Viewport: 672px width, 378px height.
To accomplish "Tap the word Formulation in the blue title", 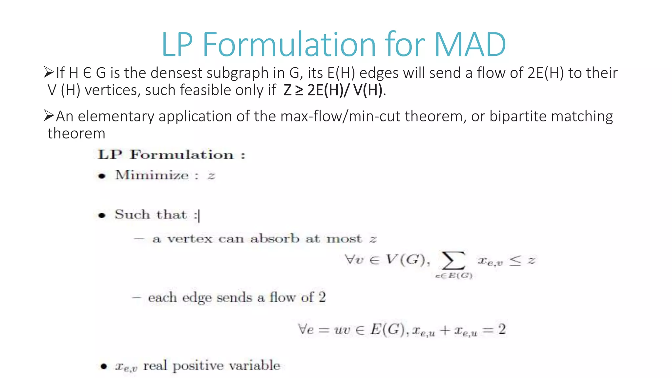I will point(288,44).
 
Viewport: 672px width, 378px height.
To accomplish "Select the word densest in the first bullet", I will point(177,73).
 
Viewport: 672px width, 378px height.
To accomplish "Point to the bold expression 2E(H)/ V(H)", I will point(345,90).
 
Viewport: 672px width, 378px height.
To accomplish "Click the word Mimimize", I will point(152,175).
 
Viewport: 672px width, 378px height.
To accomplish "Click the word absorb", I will point(275,239).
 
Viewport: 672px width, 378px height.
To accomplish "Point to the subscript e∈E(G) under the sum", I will point(453,276).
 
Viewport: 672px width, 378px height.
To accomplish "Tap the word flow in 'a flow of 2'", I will point(282,297).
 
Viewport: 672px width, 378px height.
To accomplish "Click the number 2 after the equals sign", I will point(502,329).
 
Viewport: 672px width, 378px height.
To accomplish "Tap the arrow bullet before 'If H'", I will point(49,72).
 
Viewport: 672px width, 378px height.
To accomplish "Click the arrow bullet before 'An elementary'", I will point(49,116).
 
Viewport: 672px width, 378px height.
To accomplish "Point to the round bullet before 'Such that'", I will point(102,216).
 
